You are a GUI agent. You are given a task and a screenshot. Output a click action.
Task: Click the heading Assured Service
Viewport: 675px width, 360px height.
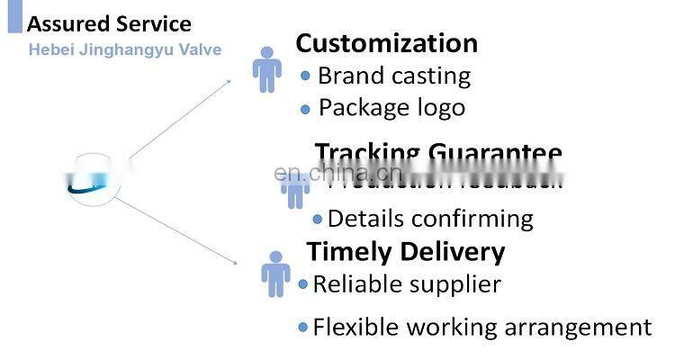tap(109, 23)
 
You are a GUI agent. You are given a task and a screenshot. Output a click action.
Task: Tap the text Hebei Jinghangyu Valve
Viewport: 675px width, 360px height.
tap(124, 49)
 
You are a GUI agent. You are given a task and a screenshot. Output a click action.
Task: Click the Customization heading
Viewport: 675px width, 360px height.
tap(386, 42)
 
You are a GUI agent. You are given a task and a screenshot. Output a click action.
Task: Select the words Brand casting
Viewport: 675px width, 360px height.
tap(393, 76)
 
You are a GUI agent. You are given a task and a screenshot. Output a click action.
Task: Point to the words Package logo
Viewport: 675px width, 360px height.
tap(391, 108)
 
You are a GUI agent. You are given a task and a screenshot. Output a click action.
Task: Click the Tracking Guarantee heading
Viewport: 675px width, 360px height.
tap(438, 153)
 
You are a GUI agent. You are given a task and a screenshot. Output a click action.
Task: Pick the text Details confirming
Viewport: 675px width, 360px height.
tap(430, 219)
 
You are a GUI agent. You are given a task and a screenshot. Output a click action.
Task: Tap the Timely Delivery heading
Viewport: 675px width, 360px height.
tap(406, 251)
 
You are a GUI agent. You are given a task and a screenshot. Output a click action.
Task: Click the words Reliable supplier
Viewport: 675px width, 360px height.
tap(406, 284)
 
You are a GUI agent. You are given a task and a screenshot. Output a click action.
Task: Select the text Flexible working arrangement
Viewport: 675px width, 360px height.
tap(481, 327)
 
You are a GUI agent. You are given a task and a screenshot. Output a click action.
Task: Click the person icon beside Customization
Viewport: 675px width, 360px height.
tap(266, 69)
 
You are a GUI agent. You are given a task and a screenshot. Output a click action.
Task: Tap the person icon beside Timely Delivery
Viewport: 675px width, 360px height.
tap(275, 274)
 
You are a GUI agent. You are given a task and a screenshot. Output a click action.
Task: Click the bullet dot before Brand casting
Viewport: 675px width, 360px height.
tap(305, 76)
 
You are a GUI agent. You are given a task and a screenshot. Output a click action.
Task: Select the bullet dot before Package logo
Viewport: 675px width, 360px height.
tap(305, 109)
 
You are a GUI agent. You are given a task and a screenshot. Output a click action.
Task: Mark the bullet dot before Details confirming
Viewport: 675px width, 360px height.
tap(317, 219)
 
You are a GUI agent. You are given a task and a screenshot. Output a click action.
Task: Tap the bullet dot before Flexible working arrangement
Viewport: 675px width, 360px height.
tap(303, 327)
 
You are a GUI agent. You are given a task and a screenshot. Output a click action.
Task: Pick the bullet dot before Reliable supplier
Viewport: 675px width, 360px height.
tap(303, 284)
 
